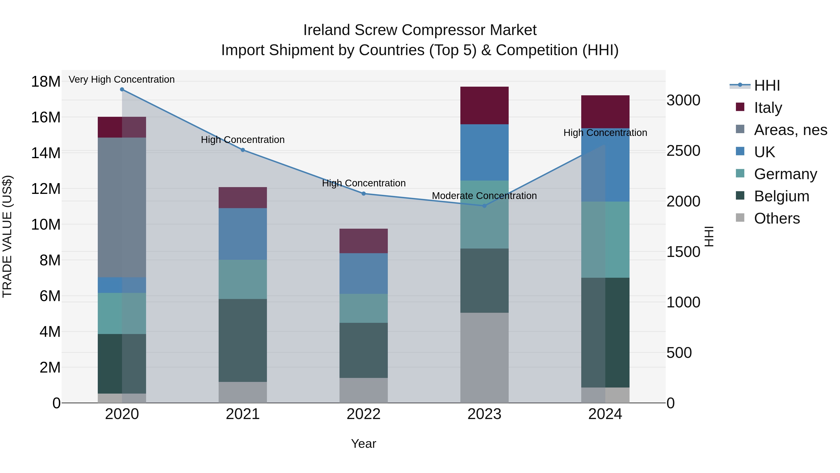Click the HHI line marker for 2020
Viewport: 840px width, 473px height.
point(122,89)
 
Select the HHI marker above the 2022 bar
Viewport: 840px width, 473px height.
point(364,194)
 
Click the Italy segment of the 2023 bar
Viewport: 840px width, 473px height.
point(484,105)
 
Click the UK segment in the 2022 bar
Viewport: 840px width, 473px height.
point(364,274)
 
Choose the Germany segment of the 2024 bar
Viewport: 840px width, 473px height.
point(605,240)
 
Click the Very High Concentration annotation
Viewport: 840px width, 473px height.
point(122,80)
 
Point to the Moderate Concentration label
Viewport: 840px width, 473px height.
point(484,196)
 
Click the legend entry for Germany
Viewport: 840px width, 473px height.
point(785,174)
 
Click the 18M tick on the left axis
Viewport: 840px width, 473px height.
point(46,82)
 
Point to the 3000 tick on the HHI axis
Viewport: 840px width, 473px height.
point(683,100)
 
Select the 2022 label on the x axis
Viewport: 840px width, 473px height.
point(364,414)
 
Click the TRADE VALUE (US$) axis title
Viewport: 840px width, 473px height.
point(7,236)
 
